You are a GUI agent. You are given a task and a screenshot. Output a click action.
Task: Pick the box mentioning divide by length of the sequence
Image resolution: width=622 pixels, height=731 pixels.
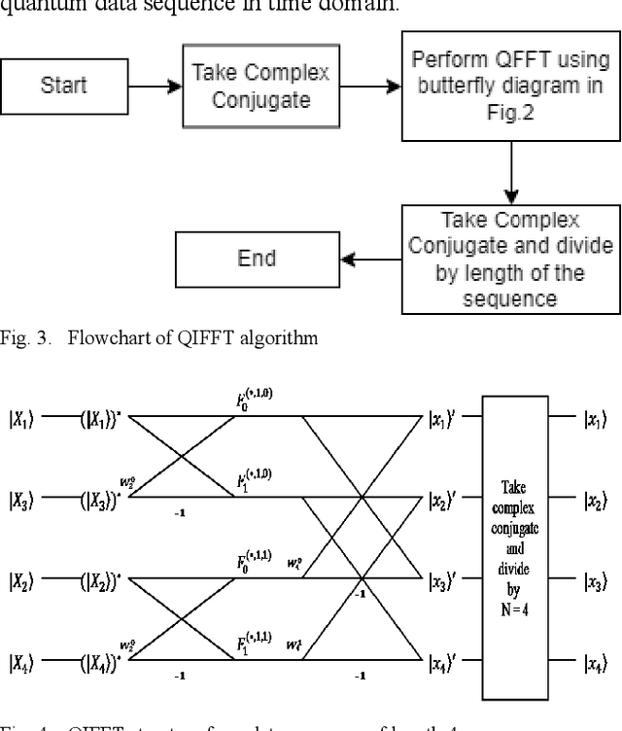(510, 259)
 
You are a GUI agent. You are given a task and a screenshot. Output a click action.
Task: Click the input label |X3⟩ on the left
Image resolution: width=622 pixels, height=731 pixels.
(21, 502)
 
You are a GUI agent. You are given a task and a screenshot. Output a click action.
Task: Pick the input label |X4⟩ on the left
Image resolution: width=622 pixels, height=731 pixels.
(21, 664)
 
